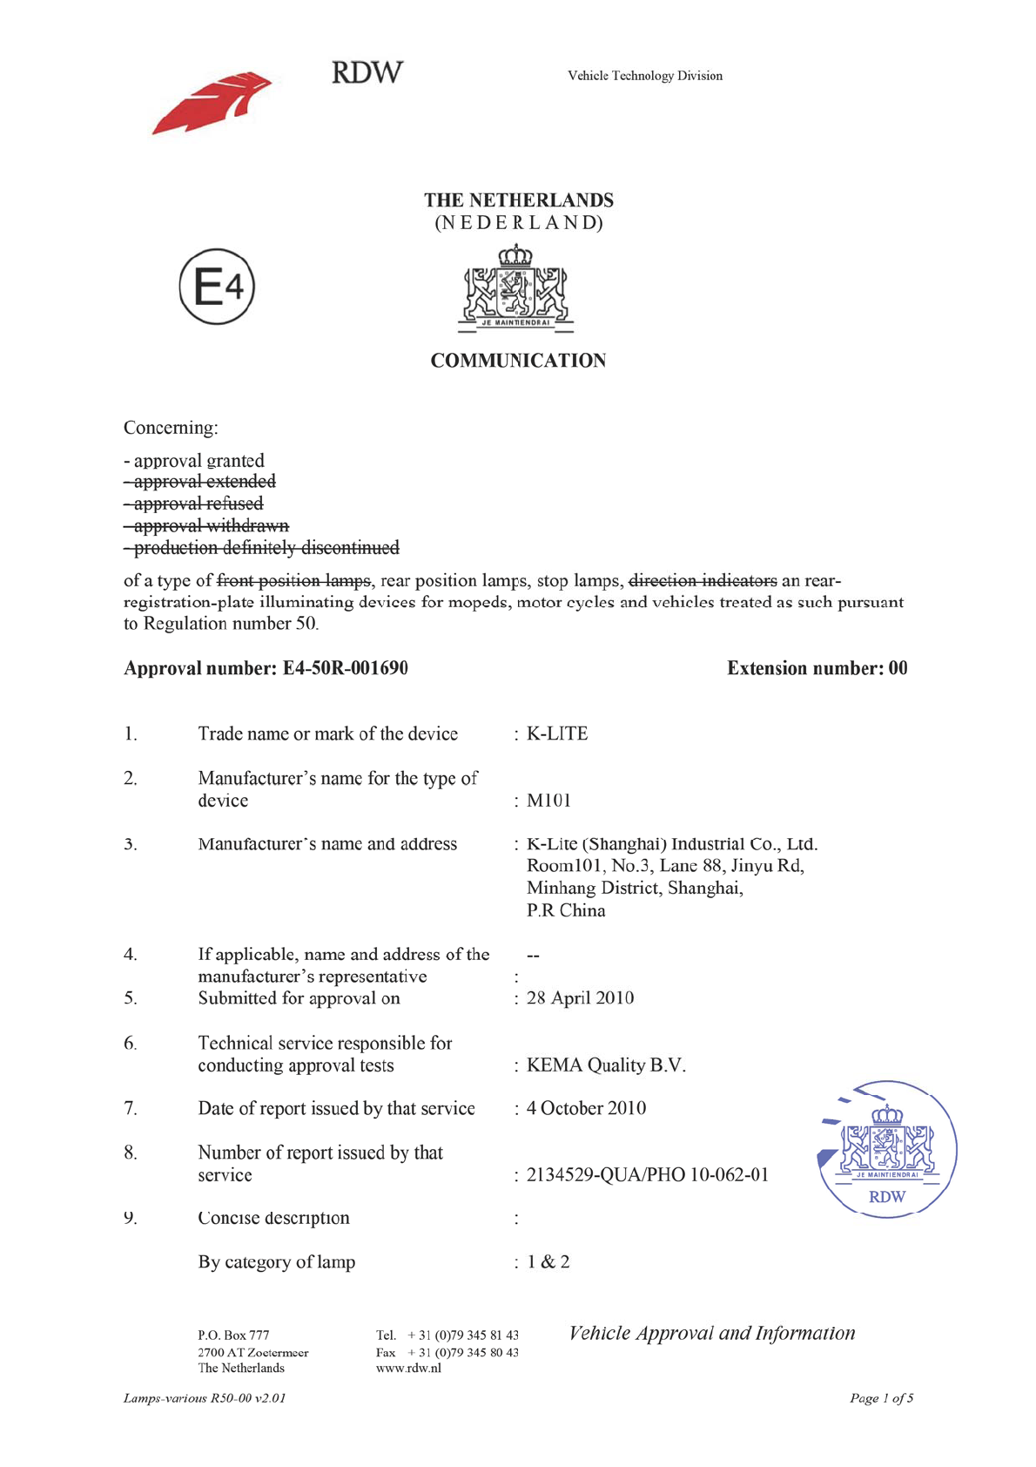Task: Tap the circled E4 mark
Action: pos(217,287)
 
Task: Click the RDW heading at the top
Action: pos(367,72)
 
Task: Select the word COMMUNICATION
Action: pos(518,361)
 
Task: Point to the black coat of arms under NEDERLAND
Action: pos(515,290)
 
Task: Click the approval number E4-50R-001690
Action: pos(345,668)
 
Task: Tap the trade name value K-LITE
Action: pos(557,733)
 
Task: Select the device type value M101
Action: pos(548,801)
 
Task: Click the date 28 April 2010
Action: pos(580,998)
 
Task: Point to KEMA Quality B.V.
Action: pos(606,1065)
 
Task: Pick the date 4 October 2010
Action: pos(586,1108)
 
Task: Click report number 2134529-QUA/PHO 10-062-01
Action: pos(648,1175)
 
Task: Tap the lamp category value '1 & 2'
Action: pos(548,1262)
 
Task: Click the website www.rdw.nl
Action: pos(408,1369)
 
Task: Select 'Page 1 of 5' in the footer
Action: pos(881,1398)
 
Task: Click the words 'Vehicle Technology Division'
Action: pos(645,76)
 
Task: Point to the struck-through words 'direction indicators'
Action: pos(703,581)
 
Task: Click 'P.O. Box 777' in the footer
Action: pos(233,1335)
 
